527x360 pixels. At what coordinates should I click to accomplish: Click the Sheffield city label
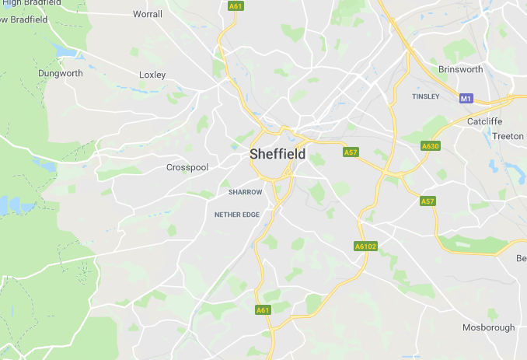[x=277, y=154]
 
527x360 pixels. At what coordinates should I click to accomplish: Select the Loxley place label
[x=152, y=75]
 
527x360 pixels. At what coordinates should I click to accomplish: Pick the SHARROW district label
[x=246, y=191]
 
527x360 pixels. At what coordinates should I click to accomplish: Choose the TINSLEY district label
[x=425, y=96]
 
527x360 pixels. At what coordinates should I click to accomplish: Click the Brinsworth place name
[x=460, y=69]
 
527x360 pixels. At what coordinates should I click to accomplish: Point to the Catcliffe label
[x=485, y=121]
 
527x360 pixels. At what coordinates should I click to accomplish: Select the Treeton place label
[x=508, y=136]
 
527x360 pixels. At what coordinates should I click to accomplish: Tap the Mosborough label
[x=488, y=327]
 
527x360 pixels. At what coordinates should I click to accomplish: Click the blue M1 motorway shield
[x=466, y=99]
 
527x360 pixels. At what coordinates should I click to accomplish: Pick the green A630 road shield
[x=430, y=146]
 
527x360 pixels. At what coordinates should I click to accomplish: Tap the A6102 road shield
[x=365, y=246]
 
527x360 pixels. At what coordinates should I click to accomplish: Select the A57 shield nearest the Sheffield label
[x=350, y=152]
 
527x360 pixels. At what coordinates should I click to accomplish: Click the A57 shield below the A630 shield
[x=428, y=201]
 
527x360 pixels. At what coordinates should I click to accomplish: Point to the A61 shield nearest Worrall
[x=235, y=6]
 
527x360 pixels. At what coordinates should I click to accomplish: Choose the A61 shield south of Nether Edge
[x=263, y=310]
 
